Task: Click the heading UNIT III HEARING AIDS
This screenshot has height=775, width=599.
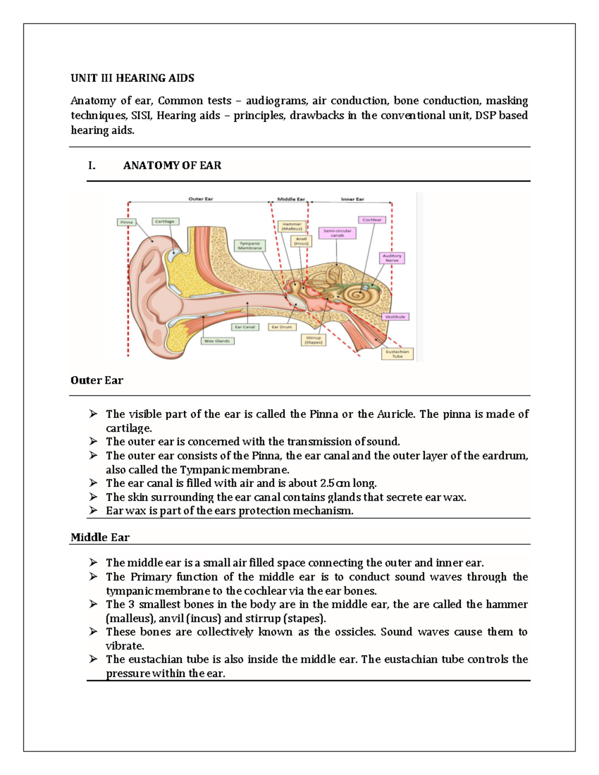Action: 132,78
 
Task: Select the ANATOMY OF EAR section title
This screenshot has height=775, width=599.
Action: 172,165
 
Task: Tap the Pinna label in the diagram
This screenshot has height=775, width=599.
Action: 126,222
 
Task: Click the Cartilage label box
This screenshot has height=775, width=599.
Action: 165,221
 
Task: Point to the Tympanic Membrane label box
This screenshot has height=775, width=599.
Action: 250,246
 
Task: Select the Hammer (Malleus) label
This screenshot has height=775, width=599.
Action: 292,227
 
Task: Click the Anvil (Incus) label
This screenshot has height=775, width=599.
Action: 301,241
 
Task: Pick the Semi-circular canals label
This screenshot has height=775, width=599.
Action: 337,233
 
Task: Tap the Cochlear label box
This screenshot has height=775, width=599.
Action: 372,220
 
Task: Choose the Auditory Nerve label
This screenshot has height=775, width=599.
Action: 392,258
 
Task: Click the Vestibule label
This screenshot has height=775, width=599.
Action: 395,316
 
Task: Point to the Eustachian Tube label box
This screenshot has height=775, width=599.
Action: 397,354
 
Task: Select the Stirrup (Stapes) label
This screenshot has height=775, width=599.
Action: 313,340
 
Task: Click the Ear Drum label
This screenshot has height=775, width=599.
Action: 282,327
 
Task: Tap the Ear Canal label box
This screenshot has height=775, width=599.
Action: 245,327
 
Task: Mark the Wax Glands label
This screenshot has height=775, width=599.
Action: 217,341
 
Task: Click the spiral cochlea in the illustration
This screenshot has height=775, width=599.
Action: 356,295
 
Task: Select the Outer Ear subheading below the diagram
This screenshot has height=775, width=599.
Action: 97,380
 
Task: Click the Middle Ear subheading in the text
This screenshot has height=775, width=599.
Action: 100,537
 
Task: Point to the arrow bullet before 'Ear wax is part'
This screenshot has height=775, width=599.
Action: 93,510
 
